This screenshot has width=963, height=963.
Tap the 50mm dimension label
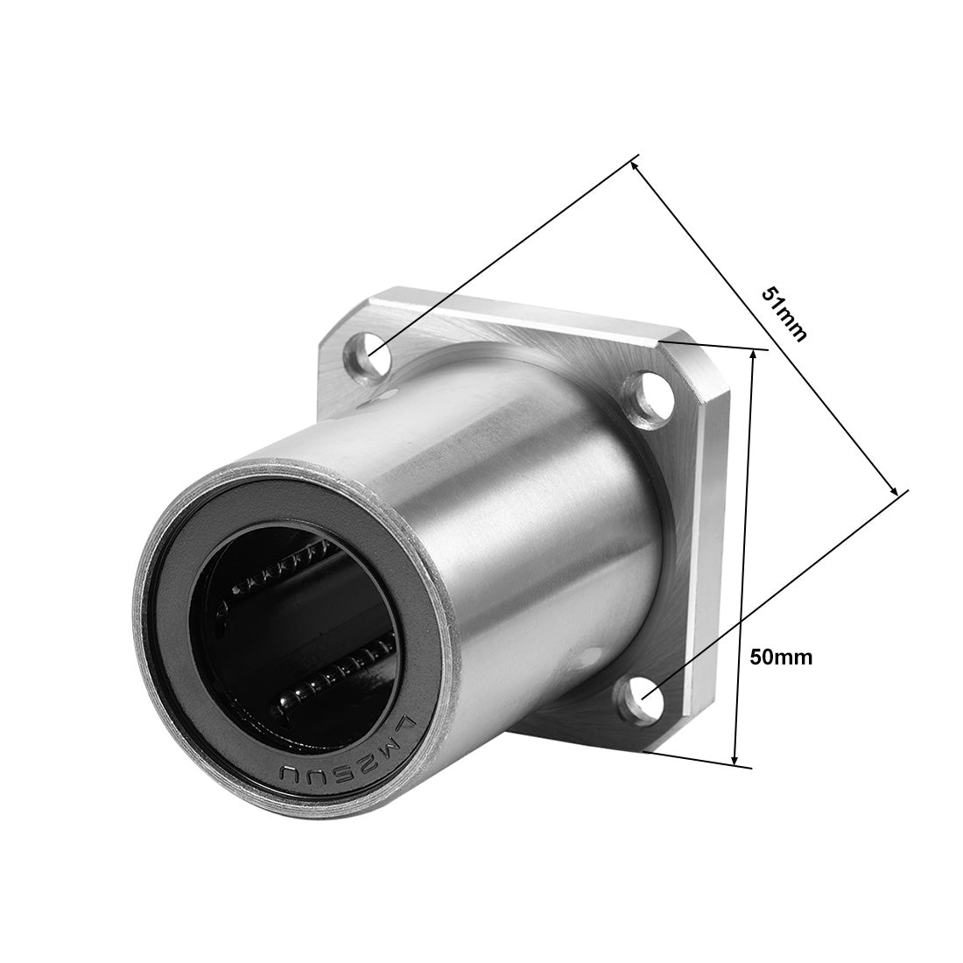(781, 657)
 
